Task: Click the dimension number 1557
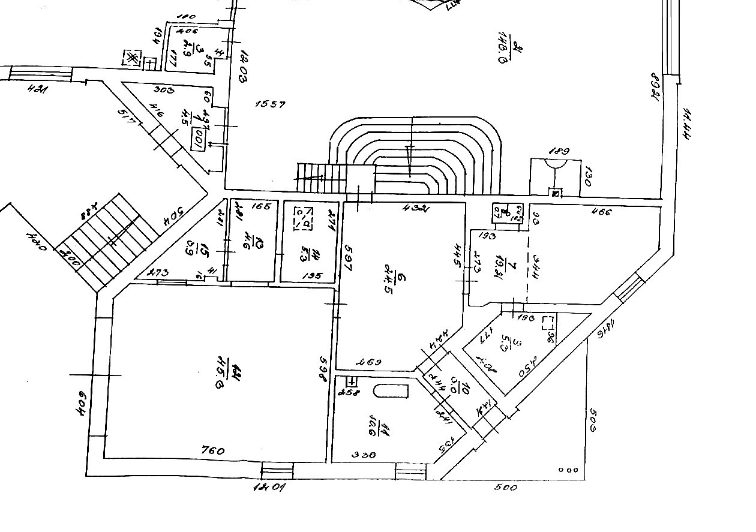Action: (270, 104)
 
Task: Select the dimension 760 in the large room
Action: (214, 450)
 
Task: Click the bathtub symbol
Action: (391, 391)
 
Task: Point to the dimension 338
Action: (364, 455)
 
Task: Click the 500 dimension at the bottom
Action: (505, 488)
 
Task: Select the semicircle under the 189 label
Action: (556, 163)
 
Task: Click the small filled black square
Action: (556, 193)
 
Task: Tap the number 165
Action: (262, 207)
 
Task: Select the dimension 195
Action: (312, 276)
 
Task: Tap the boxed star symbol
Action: (131, 59)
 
